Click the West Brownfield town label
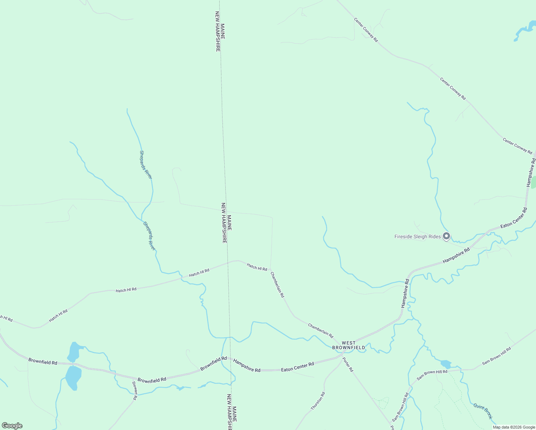pyautogui.click(x=349, y=345)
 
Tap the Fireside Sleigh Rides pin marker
pyautogui.click(x=446, y=236)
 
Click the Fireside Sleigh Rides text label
pyautogui.click(x=417, y=236)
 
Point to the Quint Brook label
pyautogui.click(x=483, y=411)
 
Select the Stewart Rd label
pyautogui.click(x=135, y=391)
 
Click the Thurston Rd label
pyautogui.click(x=318, y=401)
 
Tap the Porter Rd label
pyautogui.click(x=348, y=364)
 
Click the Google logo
pyautogui.click(x=12, y=426)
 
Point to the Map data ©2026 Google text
pyautogui.click(x=514, y=427)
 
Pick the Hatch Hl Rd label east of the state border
pyautogui.click(x=257, y=267)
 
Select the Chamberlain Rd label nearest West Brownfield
pyautogui.click(x=321, y=330)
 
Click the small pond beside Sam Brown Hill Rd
pyautogui.click(x=446, y=364)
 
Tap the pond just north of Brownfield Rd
pyautogui.click(x=74, y=352)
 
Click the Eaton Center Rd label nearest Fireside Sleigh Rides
pyautogui.click(x=514, y=218)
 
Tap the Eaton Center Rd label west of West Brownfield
pyautogui.click(x=297, y=367)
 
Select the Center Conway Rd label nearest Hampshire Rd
pyautogui.click(x=517, y=146)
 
